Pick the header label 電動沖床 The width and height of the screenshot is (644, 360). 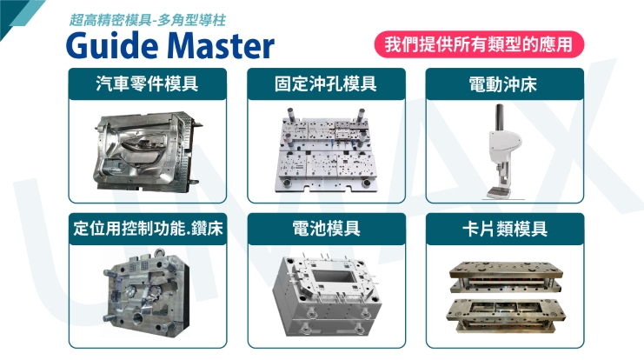click(x=499, y=84)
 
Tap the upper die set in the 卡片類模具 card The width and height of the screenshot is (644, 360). click(x=501, y=276)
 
